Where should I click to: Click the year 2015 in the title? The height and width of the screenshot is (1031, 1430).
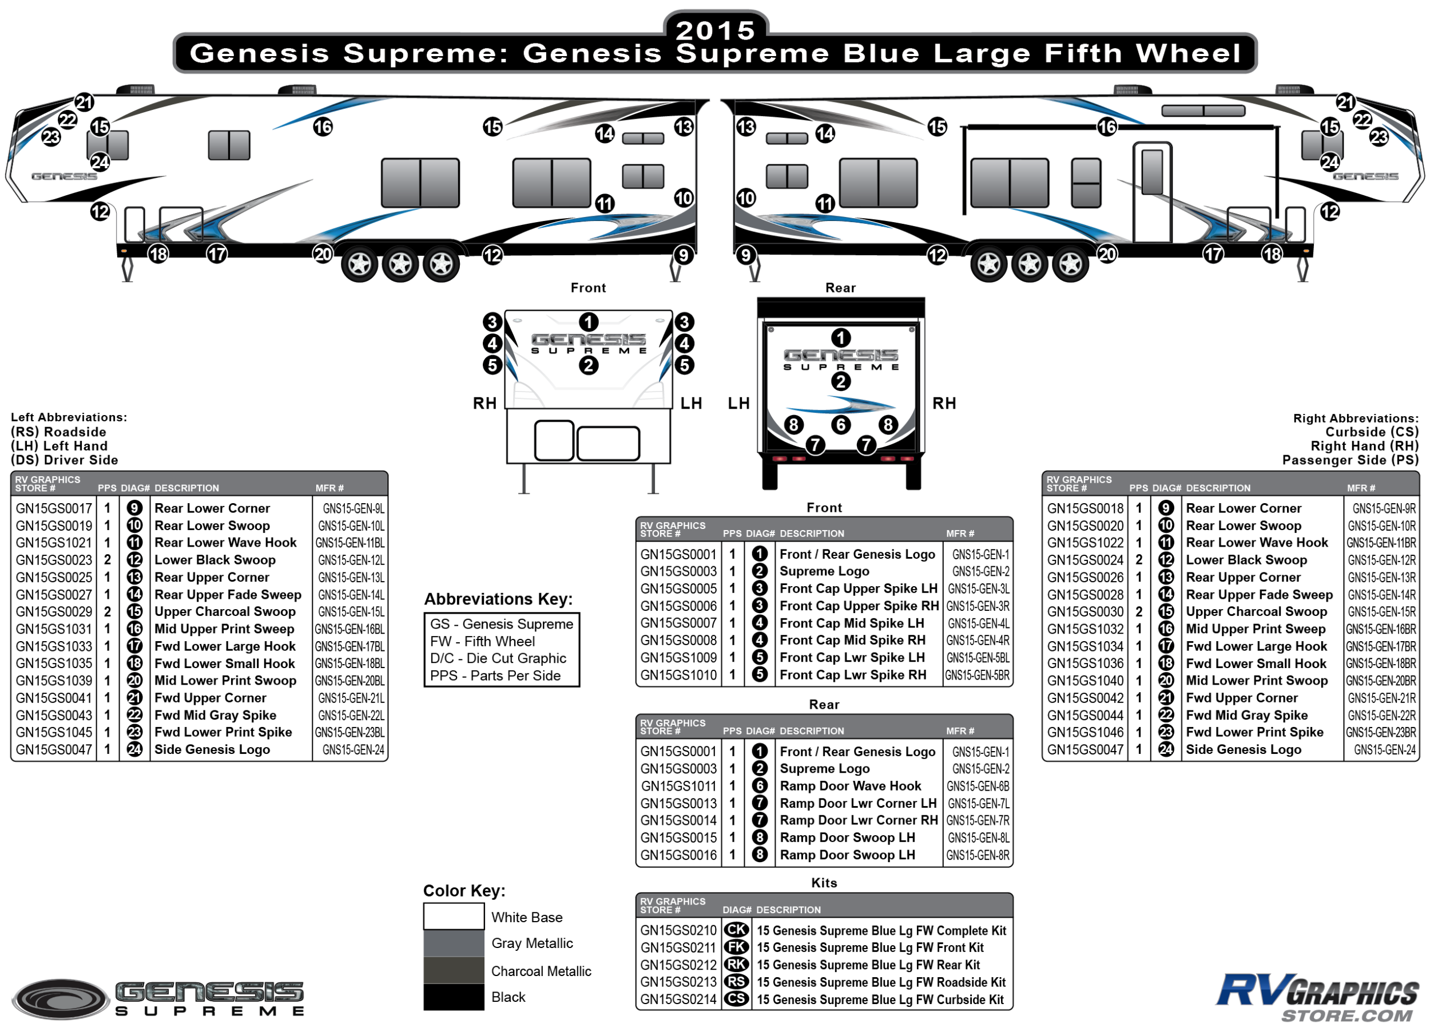click(716, 30)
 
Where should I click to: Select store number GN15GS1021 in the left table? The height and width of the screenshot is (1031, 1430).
click(54, 543)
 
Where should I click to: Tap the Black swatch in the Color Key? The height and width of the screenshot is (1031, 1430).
click(454, 997)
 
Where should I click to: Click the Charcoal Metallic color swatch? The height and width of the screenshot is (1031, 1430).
click(454, 970)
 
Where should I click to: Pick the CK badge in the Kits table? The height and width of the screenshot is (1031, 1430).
click(736, 930)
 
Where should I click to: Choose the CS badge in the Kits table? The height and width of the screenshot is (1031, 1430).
click(736, 999)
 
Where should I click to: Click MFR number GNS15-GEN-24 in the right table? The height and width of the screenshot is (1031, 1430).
click(1385, 749)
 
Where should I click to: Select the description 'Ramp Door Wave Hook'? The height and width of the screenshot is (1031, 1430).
click(850, 786)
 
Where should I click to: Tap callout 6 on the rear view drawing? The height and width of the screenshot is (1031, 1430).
click(840, 425)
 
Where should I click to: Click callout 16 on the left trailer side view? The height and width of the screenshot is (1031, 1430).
click(323, 127)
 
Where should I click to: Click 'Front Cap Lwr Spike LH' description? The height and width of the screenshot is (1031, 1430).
click(852, 657)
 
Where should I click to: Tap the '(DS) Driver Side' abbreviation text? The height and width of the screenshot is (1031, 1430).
click(64, 460)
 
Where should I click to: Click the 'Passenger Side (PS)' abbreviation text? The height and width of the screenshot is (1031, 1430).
click(1350, 460)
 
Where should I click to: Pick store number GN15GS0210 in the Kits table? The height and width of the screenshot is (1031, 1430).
click(678, 930)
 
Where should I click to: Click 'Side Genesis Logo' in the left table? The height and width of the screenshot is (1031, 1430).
click(212, 749)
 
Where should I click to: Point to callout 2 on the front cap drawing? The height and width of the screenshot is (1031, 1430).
click(588, 365)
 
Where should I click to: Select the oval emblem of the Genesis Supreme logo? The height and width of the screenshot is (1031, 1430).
click(61, 999)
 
